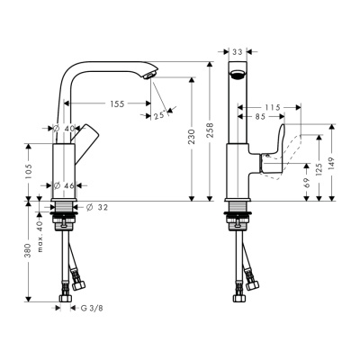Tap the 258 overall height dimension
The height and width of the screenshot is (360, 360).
pyautogui.click(x=210, y=131)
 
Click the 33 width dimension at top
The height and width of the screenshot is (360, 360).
pyautogui.click(x=238, y=53)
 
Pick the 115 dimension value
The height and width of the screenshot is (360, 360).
pyautogui.click(x=274, y=107)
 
